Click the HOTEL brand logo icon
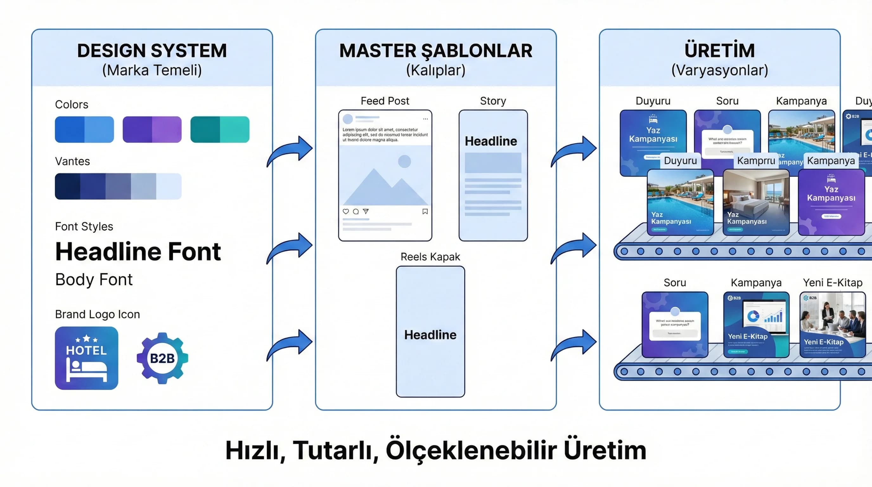coord(86,358)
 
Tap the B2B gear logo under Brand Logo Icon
coord(162,358)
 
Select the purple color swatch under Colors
coord(152,129)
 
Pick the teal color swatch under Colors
coord(220,129)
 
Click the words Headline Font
coord(138,252)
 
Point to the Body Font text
coord(94,280)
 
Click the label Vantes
coord(73,161)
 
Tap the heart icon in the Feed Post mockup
coord(346,211)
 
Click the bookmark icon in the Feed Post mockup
coord(425,211)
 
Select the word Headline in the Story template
coord(491,141)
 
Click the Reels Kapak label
coord(430,257)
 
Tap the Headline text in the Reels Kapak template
coord(430,335)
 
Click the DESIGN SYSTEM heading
coord(152,51)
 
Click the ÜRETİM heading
coord(719,51)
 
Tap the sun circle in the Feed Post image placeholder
coord(404,162)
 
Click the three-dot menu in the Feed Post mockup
coord(425,119)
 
